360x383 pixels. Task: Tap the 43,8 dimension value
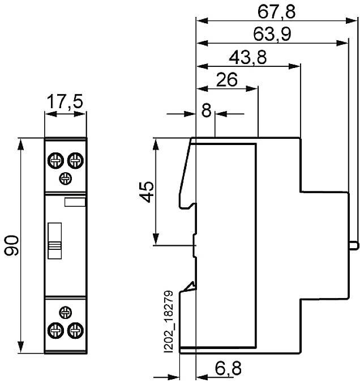coord(248,57)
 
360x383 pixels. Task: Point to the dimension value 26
coord(226,80)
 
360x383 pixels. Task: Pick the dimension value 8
coord(206,110)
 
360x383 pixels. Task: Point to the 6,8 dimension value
coord(228,369)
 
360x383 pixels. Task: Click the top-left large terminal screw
coord(56,161)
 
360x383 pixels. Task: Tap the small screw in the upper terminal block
coord(66,179)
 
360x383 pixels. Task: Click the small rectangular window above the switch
coord(75,201)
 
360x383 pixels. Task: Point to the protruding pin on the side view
coord(354,245)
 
